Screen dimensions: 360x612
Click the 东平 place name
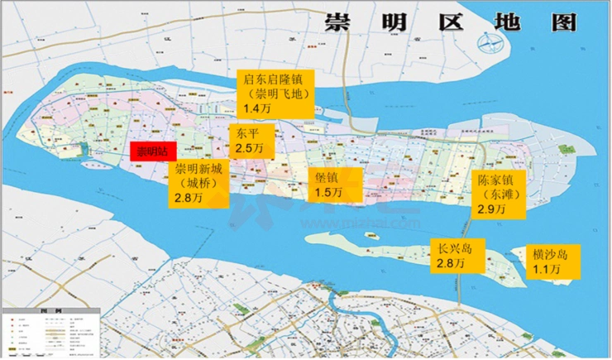tap(246, 133)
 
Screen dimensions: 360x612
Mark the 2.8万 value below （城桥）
tap(189, 199)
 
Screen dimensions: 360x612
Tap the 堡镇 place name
tap(327, 178)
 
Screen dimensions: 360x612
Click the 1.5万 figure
tap(330, 193)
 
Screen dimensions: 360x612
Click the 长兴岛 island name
tap(454, 248)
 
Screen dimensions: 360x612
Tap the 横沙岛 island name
tap(551, 253)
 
